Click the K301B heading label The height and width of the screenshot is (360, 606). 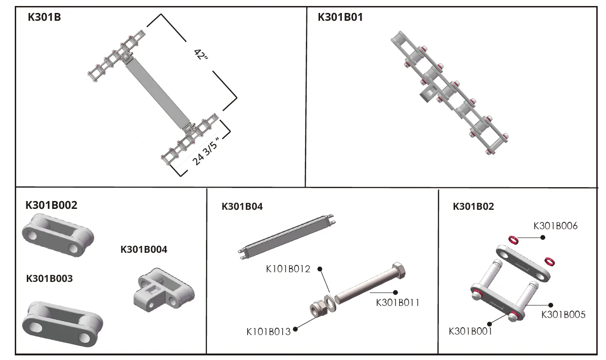pyautogui.click(x=44, y=18)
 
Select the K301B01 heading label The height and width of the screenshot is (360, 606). pyautogui.click(x=340, y=18)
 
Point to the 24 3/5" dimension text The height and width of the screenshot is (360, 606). pyautogui.click(x=205, y=151)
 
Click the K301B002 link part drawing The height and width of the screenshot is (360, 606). pyautogui.click(x=58, y=235)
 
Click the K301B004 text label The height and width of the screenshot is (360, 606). pyautogui.click(x=144, y=250)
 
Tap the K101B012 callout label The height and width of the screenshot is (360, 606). pyautogui.click(x=288, y=268)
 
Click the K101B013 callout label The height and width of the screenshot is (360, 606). pyautogui.click(x=268, y=331)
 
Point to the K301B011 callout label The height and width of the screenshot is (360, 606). pyautogui.click(x=398, y=303)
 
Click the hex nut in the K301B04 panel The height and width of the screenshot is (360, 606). pyautogui.click(x=318, y=308)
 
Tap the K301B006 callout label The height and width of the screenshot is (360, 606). pyautogui.click(x=555, y=226)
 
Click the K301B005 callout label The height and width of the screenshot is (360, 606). pyautogui.click(x=563, y=314)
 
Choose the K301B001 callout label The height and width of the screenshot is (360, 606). pyautogui.click(x=470, y=331)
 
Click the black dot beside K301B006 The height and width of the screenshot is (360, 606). pyautogui.click(x=543, y=237)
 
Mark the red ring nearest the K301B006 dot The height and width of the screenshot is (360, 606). pyautogui.click(x=513, y=240)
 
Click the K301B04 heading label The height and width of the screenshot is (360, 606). pyautogui.click(x=242, y=207)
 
